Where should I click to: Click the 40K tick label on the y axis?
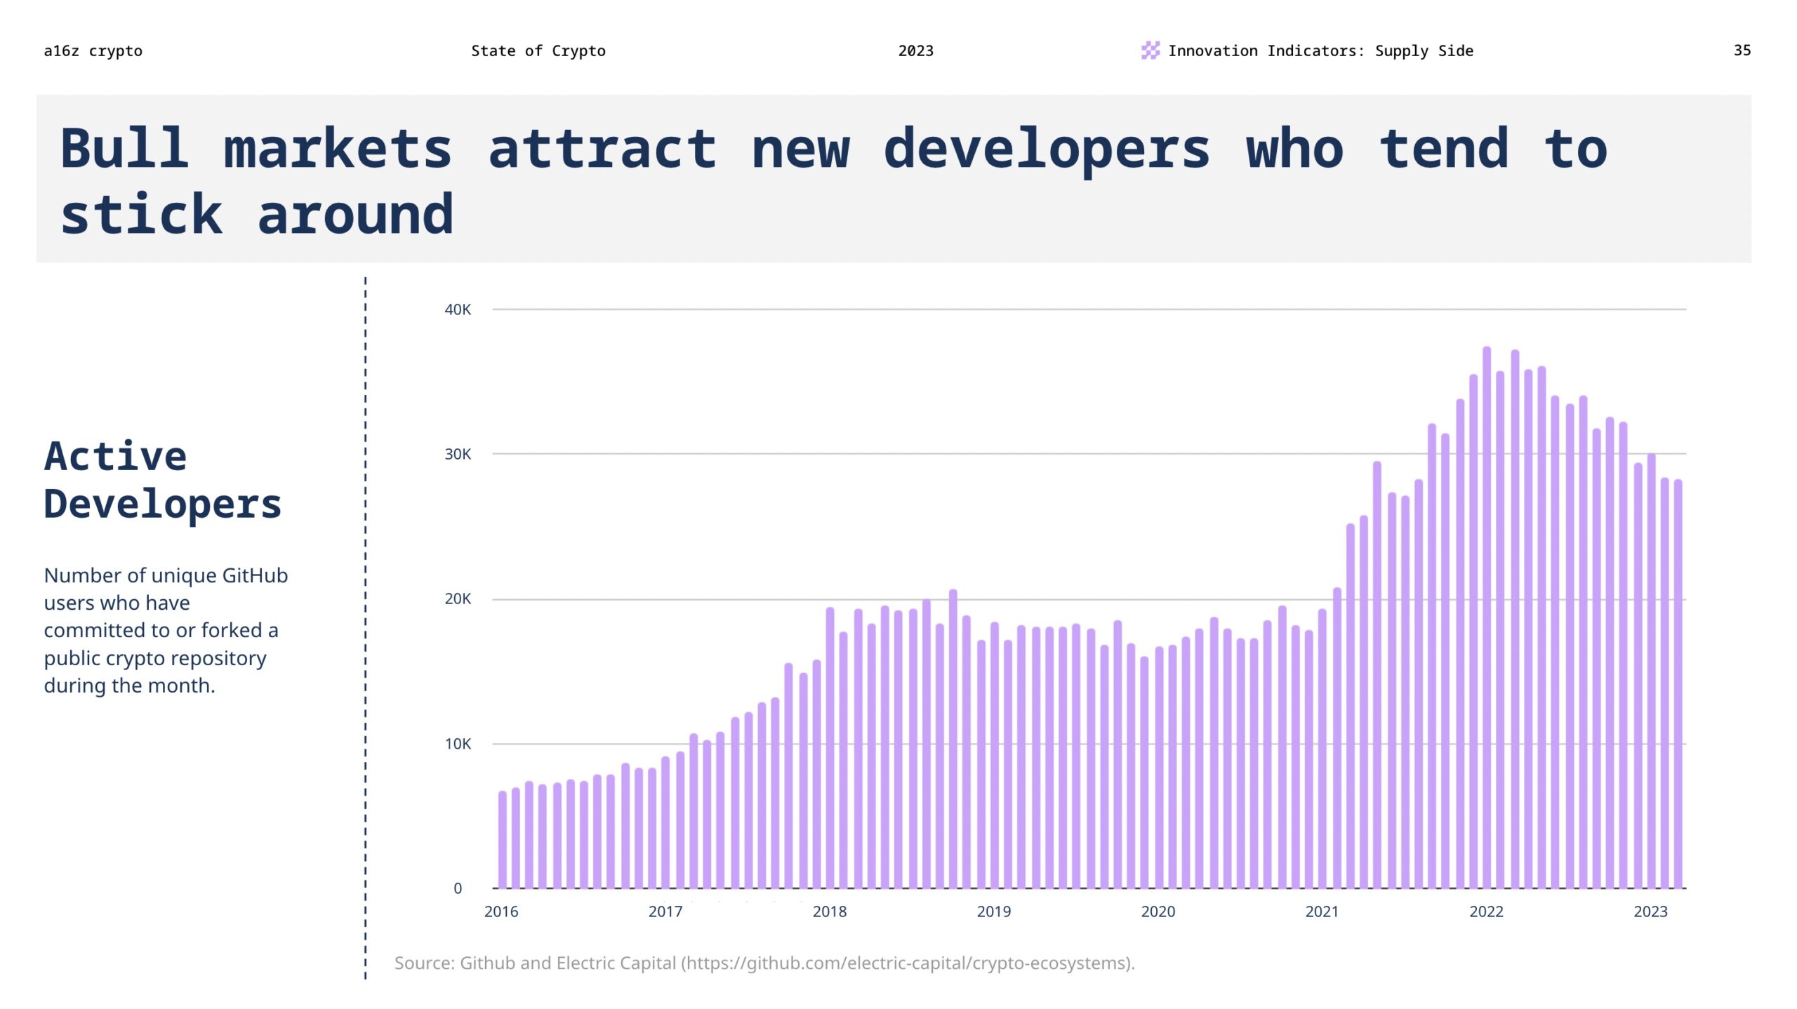pyautogui.click(x=457, y=309)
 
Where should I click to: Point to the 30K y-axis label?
pyautogui.click(x=457, y=454)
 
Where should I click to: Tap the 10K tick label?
pyautogui.click(x=457, y=744)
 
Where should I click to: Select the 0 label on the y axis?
pyautogui.click(x=458, y=888)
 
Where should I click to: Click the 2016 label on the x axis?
pyautogui.click(x=500, y=911)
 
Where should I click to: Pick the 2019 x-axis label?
pyautogui.click(x=993, y=911)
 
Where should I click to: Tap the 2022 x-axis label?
pyautogui.click(x=1486, y=911)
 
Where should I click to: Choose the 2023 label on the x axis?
pyautogui.click(x=1650, y=911)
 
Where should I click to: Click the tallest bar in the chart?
pyautogui.click(x=1486, y=617)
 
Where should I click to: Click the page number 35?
pyautogui.click(x=1742, y=51)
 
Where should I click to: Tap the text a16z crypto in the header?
pyautogui.click(x=93, y=51)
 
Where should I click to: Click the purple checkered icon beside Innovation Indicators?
pyautogui.click(x=1150, y=51)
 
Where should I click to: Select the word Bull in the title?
pyautogui.click(x=124, y=149)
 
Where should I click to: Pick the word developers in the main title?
pyautogui.click(x=1046, y=149)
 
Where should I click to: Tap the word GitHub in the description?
pyautogui.click(x=255, y=575)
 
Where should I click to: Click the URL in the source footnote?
pyautogui.click(x=906, y=963)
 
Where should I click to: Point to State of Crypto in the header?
pyautogui.click(x=538, y=51)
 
